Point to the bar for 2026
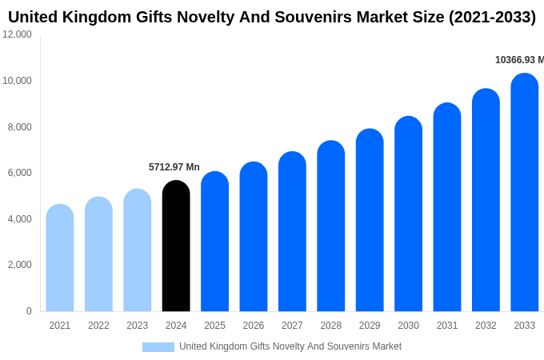point(254,237)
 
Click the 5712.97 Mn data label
point(174,167)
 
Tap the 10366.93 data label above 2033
point(518,60)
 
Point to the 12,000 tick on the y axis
point(18,34)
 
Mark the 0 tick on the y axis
point(29,311)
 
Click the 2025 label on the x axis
point(214,326)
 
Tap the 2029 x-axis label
point(370,326)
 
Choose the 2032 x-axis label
point(486,326)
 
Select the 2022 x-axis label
point(98,326)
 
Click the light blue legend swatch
point(158,346)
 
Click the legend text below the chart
point(290,346)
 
